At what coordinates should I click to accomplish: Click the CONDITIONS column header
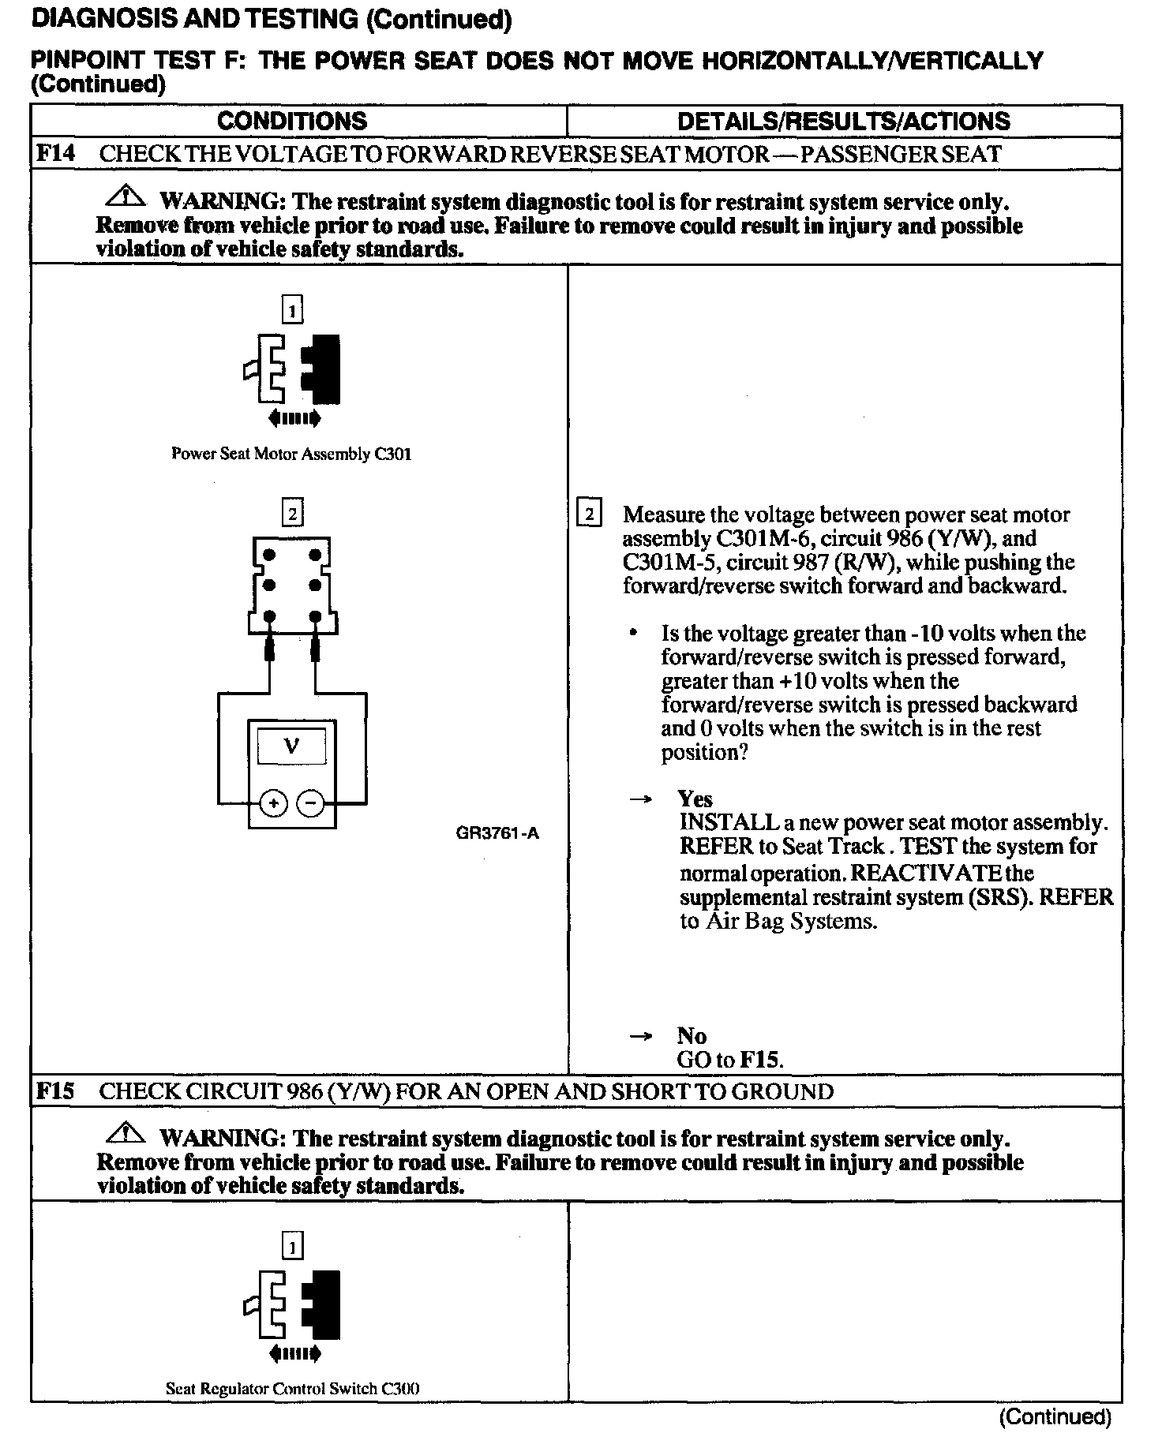point(291,121)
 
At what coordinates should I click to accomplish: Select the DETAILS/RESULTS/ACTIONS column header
point(843,121)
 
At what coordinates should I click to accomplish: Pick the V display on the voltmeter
point(291,745)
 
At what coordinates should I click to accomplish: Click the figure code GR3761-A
point(497,833)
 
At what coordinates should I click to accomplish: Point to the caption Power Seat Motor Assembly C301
point(291,455)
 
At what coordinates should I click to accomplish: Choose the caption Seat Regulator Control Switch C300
point(292,1389)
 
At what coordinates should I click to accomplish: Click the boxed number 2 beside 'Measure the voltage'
point(590,514)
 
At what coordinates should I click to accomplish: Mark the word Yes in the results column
point(695,799)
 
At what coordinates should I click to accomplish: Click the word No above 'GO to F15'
point(692,1035)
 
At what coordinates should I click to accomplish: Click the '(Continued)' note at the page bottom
point(1055,1417)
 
